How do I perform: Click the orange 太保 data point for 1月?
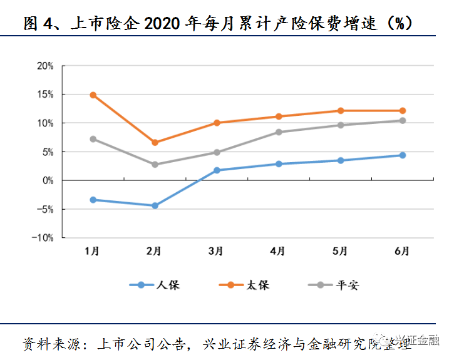[93, 95]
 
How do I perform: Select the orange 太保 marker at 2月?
[155, 143]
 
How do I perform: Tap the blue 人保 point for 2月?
[155, 205]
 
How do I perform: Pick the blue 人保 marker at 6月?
[403, 155]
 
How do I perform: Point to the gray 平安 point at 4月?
[279, 132]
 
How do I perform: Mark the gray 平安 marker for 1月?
[93, 139]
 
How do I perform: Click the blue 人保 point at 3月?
[217, 170]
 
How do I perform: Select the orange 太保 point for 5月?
[341, 111]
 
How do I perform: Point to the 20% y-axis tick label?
[45, 66]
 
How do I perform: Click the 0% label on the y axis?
[48, 181]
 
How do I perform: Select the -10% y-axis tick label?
[43, 238]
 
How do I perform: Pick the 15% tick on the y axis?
[45, 95]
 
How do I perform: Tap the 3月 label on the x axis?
[216, 251]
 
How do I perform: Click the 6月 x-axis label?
[402, 251]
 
